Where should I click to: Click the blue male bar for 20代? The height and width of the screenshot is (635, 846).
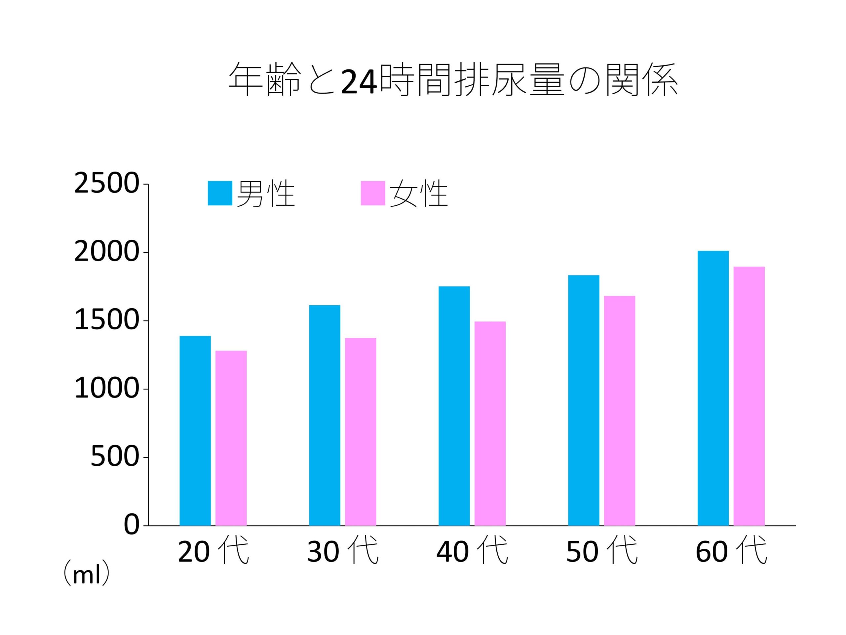[195, 431]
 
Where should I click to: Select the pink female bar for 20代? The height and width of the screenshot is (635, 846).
[231, 438]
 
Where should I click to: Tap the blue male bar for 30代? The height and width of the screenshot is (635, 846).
[325, 415]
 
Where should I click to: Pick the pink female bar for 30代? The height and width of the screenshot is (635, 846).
[361, 432]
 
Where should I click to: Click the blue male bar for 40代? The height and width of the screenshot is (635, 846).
[454, 406]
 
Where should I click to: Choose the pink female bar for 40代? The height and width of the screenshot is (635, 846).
[490, 423]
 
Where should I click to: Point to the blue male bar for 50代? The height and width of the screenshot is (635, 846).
[584, 401]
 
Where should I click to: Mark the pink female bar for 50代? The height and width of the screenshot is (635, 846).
[620, 411]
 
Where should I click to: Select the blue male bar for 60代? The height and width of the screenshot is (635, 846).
[713, 388]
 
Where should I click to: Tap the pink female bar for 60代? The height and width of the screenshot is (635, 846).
[749, 396]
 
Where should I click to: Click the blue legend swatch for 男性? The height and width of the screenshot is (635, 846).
[220, 193]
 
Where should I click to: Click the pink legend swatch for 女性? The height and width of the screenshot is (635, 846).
[373, 193]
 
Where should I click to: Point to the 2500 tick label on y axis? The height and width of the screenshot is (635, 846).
[106, 184]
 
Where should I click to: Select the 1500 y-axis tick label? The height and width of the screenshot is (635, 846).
[106, 321]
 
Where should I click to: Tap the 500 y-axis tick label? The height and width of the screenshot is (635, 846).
[114, 457]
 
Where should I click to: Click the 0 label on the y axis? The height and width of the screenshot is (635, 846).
[132, 526]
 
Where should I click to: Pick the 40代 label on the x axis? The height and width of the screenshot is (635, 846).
[472, 552]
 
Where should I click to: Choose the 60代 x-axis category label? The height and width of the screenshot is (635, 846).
[731, 552]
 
